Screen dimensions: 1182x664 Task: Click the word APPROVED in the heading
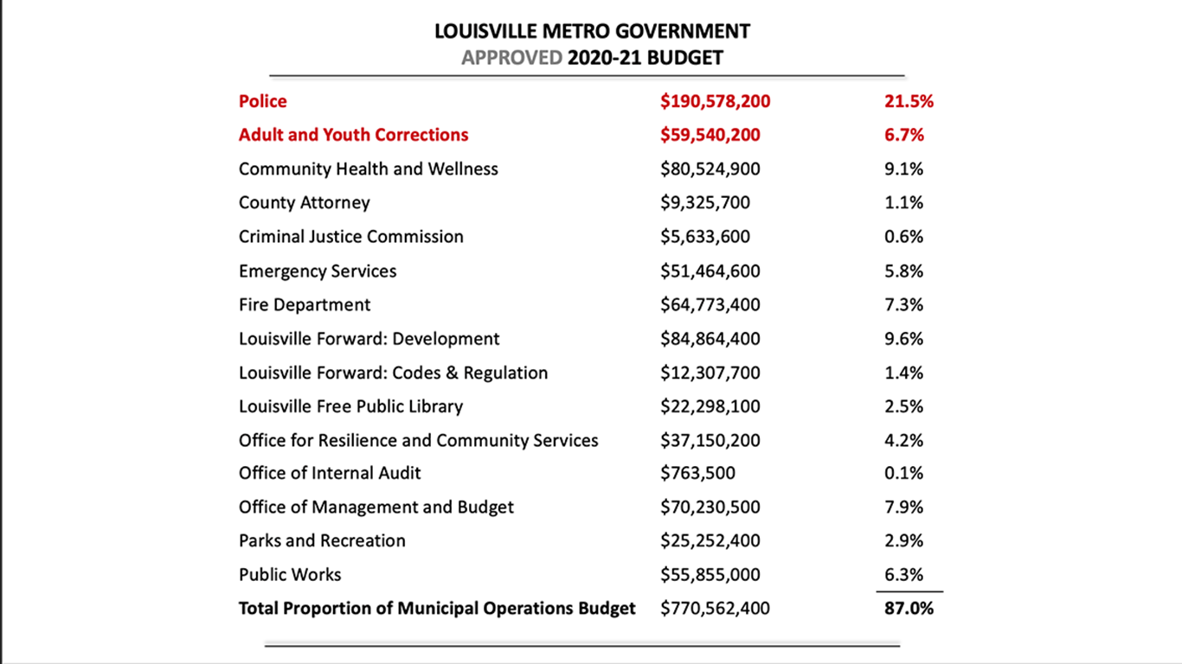point(512,57)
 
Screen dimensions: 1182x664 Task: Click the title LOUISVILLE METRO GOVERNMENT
point(592,31)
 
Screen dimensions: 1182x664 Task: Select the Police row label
point(263,101)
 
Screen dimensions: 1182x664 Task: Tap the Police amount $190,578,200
point(715,101)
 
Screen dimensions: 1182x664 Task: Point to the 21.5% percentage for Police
point(909,101)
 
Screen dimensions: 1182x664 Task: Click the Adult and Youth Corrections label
point(354,135)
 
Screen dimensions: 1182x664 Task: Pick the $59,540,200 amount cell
point(710,135)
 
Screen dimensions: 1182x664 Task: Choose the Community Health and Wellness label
point(369,169)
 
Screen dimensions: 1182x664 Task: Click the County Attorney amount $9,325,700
point(705,202)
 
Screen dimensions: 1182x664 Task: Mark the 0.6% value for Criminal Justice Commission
point(904,236)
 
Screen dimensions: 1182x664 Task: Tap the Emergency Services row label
point(318,271)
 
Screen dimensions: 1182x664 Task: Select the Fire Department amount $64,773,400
point(710,304)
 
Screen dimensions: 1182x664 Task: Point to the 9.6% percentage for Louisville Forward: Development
point(904,338)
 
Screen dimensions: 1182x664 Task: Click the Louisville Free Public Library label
point(351,406)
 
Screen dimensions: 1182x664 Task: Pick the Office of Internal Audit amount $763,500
point(697,473)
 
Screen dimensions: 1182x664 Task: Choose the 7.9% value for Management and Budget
point(904,507)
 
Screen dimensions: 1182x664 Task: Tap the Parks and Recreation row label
point(322,540)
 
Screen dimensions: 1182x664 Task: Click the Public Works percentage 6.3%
point(904,574)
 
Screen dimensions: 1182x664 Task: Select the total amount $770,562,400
point(715,608)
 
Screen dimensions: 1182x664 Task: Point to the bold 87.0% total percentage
point(909,608)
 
